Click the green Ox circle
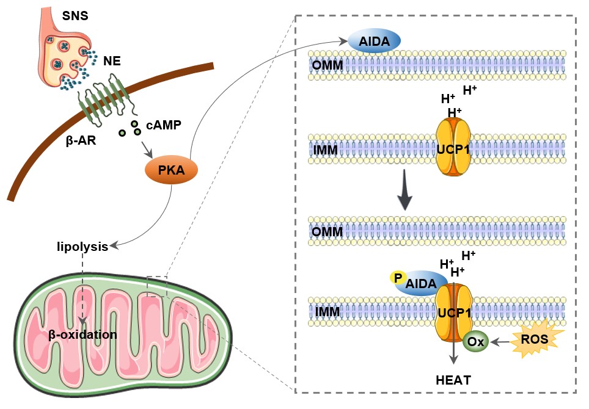tap(476, 342)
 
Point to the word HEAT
tap(453, 380)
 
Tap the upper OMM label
tap(327, 65)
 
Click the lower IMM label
tap(327, 312)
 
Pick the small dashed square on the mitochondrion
tap(157, 286)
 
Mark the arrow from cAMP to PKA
tap(146, 150)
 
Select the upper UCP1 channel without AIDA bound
tap(453, 148)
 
